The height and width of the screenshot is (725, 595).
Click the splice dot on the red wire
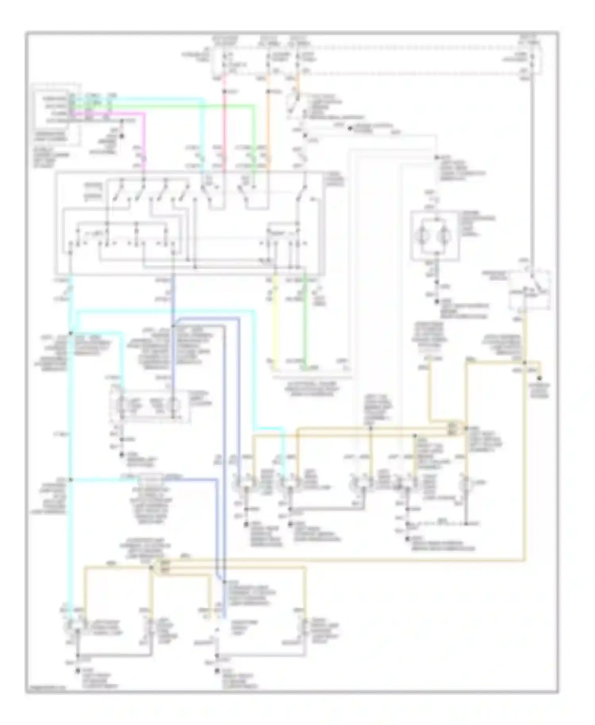pyautogui.click(x=224, y=92)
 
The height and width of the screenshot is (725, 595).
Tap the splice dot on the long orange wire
pyautogui.click(x=269, y=92)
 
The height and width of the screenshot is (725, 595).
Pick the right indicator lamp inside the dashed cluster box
pyautogui.click(x=173, y=405)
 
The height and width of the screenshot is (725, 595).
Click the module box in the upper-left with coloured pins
pyautogui.click(x=53, y=109)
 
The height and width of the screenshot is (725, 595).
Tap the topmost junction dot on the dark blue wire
pyautogui.click(x=173, y=326)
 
